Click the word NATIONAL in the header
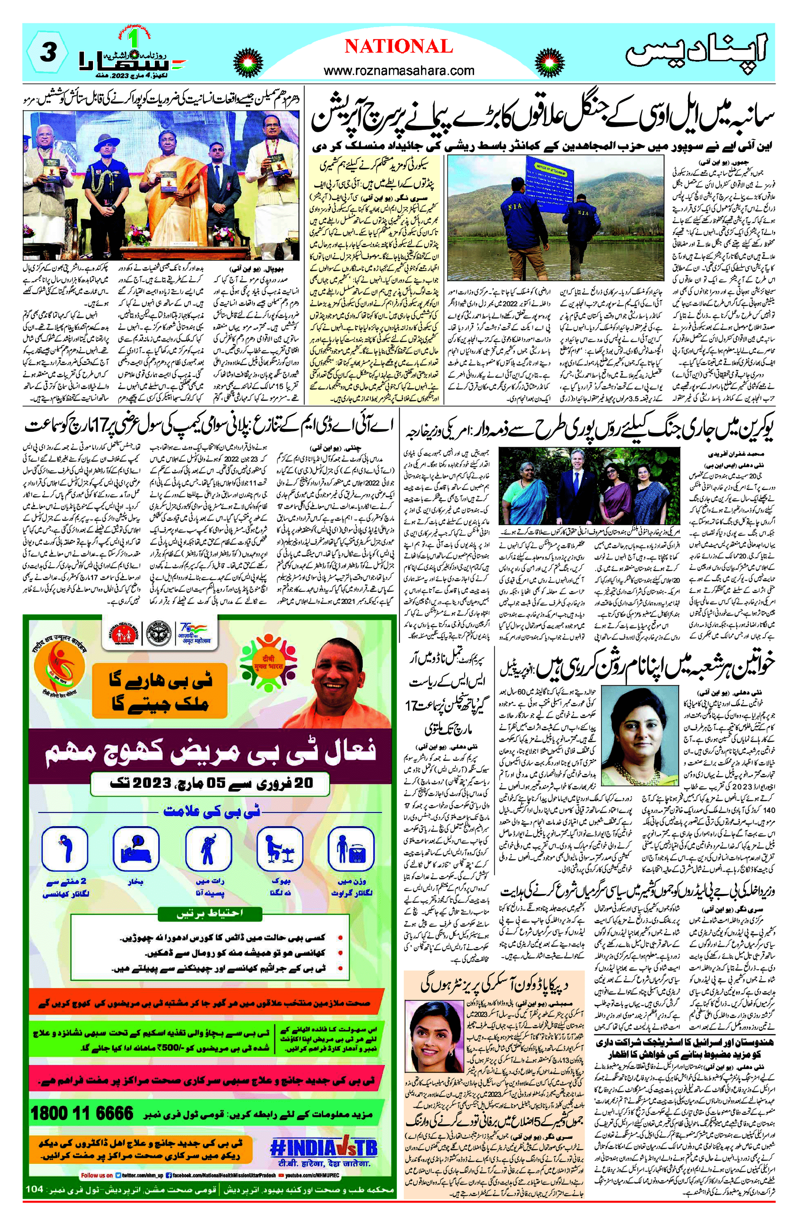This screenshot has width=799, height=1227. pyautogui.click(x=399, y=47)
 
